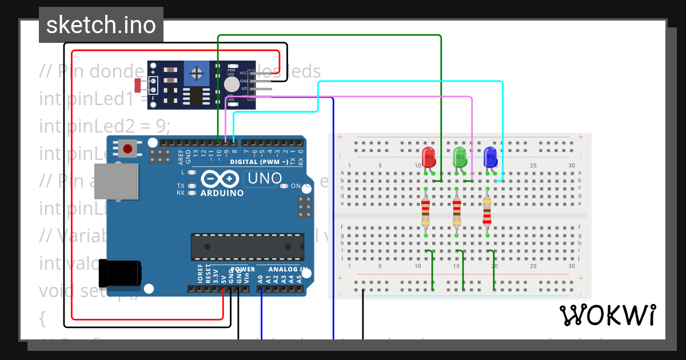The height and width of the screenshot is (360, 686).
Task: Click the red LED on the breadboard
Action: coord(428,157)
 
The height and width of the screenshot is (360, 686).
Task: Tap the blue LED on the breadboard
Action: coord(490,157)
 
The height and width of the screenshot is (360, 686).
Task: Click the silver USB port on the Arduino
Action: coord(117,182)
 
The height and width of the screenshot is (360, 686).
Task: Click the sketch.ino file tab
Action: coord(101,25)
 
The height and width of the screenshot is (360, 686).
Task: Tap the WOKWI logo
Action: coord(607,315)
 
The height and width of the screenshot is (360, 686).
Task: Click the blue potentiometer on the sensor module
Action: coord(197,73)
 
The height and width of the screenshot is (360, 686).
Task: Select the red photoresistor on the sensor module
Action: coord(138,85)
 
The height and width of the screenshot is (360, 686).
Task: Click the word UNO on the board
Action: coord(264,179)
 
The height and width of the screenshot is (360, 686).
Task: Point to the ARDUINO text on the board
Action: coord(222,193)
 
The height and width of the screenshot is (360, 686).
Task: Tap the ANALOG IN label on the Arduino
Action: coord(288,269)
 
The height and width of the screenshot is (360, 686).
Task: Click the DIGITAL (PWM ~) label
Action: coord(260,162)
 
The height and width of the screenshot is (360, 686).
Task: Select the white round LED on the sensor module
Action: coord(232,85)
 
